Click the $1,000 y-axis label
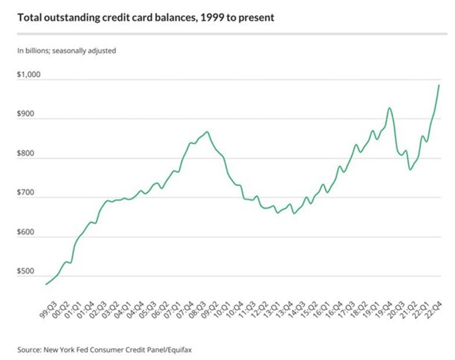tap(29, 75)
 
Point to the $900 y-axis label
tap(26, 114)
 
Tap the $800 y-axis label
tap(26, 154)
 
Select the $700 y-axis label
tap(26, 193)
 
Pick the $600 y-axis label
tap(26, 233)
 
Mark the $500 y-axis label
tap(26, 272)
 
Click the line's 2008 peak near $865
tap(207, 132)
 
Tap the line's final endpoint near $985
tap(439, 85)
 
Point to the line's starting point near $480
tap(46, 284)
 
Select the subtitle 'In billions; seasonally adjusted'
tap(66, 51)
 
